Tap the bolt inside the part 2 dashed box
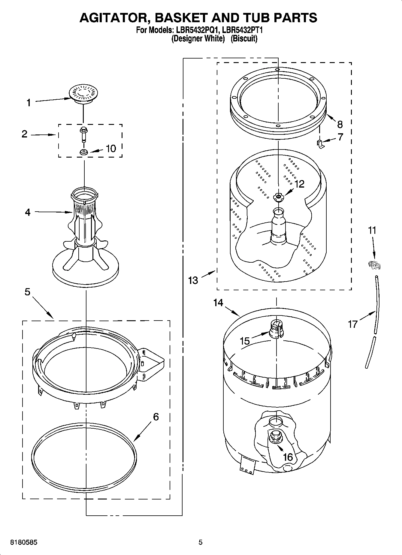click(x=83, y=134)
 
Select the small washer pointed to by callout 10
click(x=83, y=152)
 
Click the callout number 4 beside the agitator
click(x=28, y=213)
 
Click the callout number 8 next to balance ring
click(x=340, y=124)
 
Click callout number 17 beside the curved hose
click(x=353, y=324)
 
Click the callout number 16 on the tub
click(x=288, y=457)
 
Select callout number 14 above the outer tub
click(x=218, y=303)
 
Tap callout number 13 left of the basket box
click(x=193, y=280)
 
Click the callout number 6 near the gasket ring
click(x=156, y=417)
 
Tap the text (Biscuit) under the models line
click(x=244, y=39)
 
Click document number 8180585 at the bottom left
click(x=24, y=542)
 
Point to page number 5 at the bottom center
click(x=200, y=542)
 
